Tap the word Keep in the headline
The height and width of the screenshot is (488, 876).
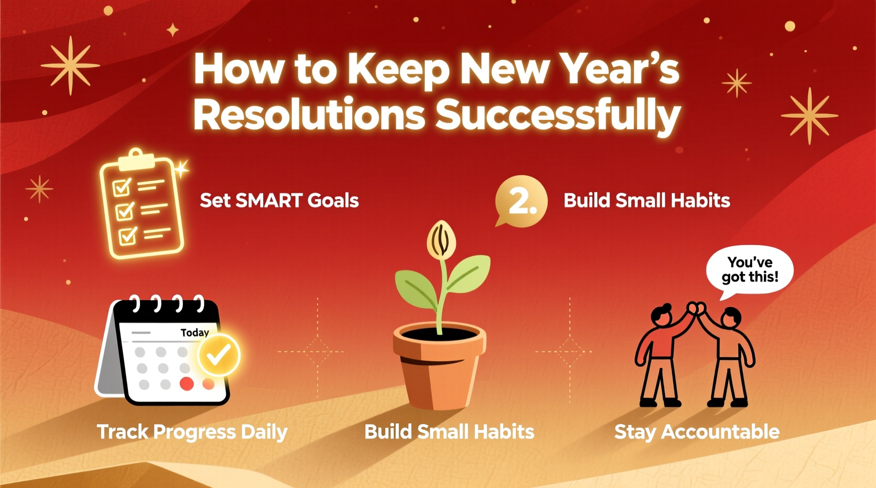click(397, 69)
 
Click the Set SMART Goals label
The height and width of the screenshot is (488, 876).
click(279, 200)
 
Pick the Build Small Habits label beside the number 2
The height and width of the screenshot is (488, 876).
click(646, 200)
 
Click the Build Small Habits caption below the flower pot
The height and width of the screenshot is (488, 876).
click(449, 432)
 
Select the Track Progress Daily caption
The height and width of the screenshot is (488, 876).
click(192, 432)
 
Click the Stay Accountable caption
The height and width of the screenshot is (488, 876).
click(696, 432)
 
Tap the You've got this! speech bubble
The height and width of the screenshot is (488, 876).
click(750, 270)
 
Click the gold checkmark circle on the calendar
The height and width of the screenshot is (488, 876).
click(218, 355)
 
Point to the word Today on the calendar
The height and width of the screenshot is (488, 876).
click(194, 332)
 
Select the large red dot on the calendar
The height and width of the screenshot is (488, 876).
click(186, 384)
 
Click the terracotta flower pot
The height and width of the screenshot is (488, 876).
click(439, 368)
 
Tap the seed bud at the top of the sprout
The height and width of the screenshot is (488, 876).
click(441, 240)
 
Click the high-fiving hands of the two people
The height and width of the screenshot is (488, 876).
click(696, 307)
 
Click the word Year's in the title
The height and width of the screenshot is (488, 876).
click(619, 69)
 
